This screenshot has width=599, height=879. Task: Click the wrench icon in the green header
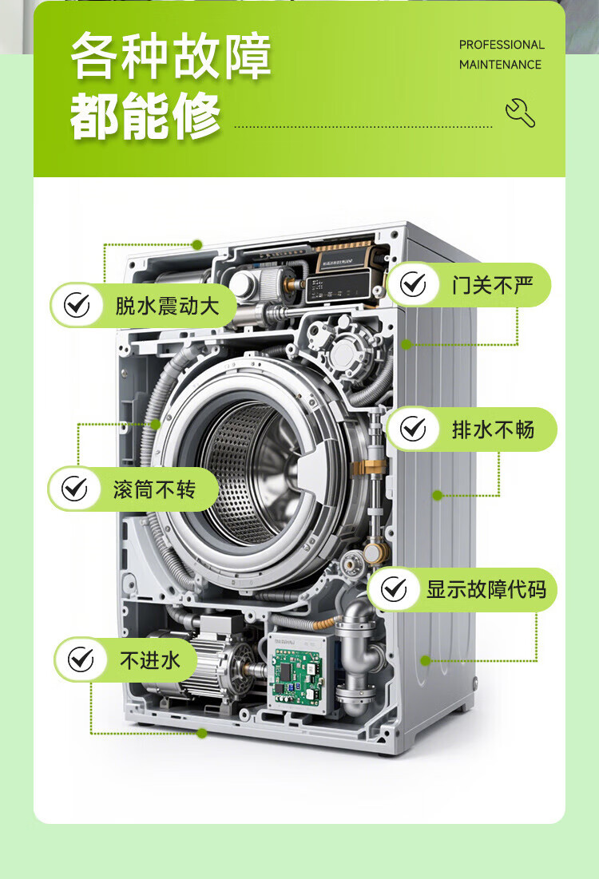520,113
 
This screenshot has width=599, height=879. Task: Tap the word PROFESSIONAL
502,45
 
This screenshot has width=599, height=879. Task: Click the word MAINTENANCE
500,65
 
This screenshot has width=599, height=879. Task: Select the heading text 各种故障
171,56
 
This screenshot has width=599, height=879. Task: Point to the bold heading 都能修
145,116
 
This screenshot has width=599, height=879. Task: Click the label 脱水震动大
167,306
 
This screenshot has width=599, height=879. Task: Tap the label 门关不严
493,285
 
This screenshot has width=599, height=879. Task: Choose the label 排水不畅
493,430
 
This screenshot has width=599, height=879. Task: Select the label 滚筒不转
154,489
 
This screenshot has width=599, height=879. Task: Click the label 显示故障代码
486,589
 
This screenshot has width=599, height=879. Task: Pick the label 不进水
150,659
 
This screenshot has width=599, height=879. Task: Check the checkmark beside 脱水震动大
77,306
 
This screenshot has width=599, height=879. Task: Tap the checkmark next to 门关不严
414,284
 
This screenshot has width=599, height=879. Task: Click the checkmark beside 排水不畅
414,429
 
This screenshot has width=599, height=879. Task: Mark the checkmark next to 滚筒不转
74,489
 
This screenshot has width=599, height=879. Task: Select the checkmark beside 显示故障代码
395,589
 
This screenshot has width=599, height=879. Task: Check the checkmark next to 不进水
81,659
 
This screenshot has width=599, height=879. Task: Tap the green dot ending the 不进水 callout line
202,733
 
